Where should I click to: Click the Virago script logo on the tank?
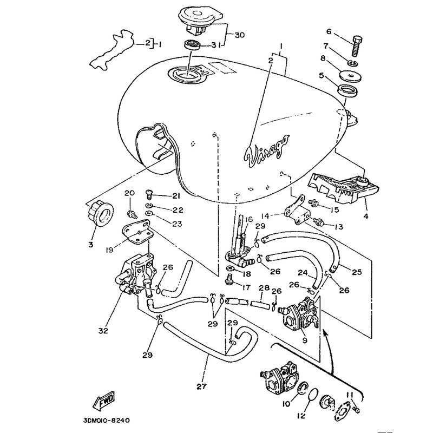pos(267,152)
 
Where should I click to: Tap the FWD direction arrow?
pos(103,400)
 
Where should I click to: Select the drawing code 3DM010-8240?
pos(106,421)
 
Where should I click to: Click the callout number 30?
pos(240,35)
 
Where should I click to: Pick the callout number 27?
pos(201,386)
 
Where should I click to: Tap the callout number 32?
pos(103,331)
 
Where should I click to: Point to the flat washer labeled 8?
pos(351,76)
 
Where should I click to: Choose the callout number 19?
pos(109,251)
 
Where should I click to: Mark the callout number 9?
pos(305,340)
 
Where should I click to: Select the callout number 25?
pos(357,272)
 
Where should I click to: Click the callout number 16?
pos(248,219)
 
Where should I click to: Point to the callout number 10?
pos(287,404)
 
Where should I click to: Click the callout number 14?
pos(265,215)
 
